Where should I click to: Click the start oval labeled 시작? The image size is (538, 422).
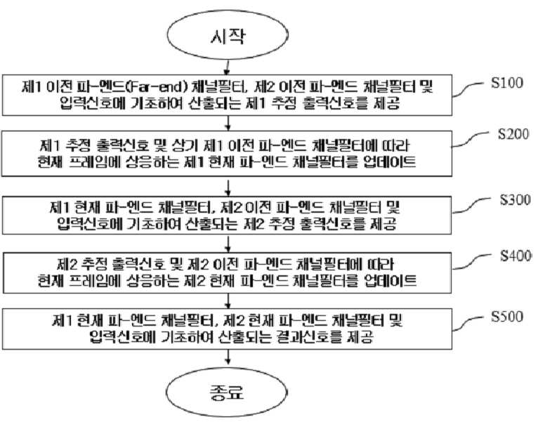[228, 35]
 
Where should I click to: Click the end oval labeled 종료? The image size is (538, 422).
[227, 392]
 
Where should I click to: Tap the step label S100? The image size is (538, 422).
[507, 83]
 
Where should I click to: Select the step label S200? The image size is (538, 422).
[513, 134]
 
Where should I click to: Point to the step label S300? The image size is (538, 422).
[516, 199]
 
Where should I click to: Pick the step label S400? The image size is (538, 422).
[516, 256]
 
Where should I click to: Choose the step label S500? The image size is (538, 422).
[507, 317]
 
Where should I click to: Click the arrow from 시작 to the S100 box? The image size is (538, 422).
[227, 67]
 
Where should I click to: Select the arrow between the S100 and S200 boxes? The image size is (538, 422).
[228, 123]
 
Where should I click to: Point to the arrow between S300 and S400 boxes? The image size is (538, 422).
[228, 244]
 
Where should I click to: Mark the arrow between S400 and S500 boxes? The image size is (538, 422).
[228, 301]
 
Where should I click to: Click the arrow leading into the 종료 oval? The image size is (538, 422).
[228, 357]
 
